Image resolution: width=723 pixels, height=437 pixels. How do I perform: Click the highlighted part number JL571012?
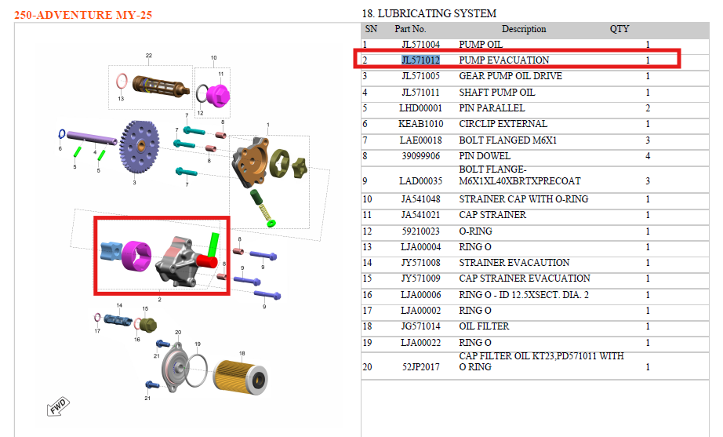420,60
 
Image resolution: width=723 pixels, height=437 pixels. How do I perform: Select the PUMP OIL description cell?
481,44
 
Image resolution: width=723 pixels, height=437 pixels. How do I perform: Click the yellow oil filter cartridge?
240,378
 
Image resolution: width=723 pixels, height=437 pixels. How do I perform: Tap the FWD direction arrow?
58,406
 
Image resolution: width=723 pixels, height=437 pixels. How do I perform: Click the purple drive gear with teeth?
139,147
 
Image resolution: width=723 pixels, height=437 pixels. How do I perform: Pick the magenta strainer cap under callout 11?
218,95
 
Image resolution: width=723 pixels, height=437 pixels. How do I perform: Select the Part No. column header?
410,29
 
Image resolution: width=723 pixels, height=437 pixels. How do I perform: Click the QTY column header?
619,29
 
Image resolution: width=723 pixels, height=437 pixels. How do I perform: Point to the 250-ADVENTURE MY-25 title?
83,15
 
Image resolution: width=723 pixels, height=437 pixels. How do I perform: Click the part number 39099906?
420,156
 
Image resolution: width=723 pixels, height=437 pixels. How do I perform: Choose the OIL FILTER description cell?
484,326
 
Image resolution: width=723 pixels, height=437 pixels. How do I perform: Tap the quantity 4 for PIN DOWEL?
648,156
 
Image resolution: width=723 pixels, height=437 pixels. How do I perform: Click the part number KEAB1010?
420,124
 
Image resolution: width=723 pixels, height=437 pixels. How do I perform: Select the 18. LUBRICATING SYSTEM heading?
429,13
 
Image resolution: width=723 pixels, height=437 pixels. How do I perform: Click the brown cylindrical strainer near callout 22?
161,86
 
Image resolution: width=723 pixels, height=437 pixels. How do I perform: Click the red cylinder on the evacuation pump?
206,262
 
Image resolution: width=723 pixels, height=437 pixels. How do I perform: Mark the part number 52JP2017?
420,367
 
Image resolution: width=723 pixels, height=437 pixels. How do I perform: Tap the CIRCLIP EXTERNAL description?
503,124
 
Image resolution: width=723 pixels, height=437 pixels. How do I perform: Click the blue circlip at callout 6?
61,134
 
